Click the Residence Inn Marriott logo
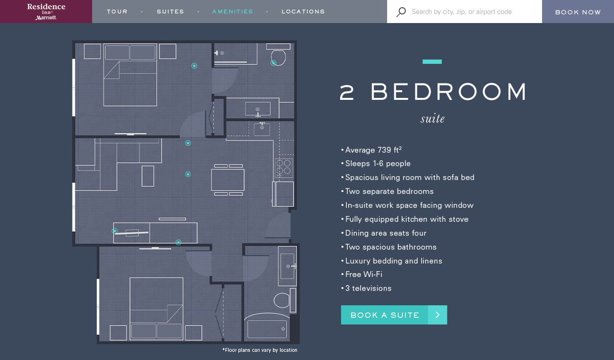click(x=46, y=12)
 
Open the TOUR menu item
click(x=117, y=12)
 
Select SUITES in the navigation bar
click(x=170, y=12)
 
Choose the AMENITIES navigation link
click(x=233, y=12)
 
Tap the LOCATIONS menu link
click(x=303, y=12)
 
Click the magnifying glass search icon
click(x=401, y=12)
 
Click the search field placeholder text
click(x=461, y=12)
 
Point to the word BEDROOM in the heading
click(x=449, y=92)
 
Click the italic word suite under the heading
click(x=433, y=119)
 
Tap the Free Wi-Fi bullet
click(x=364, y=275)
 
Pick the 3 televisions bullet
click(x=368, y=288)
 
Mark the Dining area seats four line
click(x=386, y=233)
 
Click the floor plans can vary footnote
click(x=260, y=350)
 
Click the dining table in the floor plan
click(x=228, y=180)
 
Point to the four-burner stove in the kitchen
click(x=283, y=167)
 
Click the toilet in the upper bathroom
click(x=278, y=57)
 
